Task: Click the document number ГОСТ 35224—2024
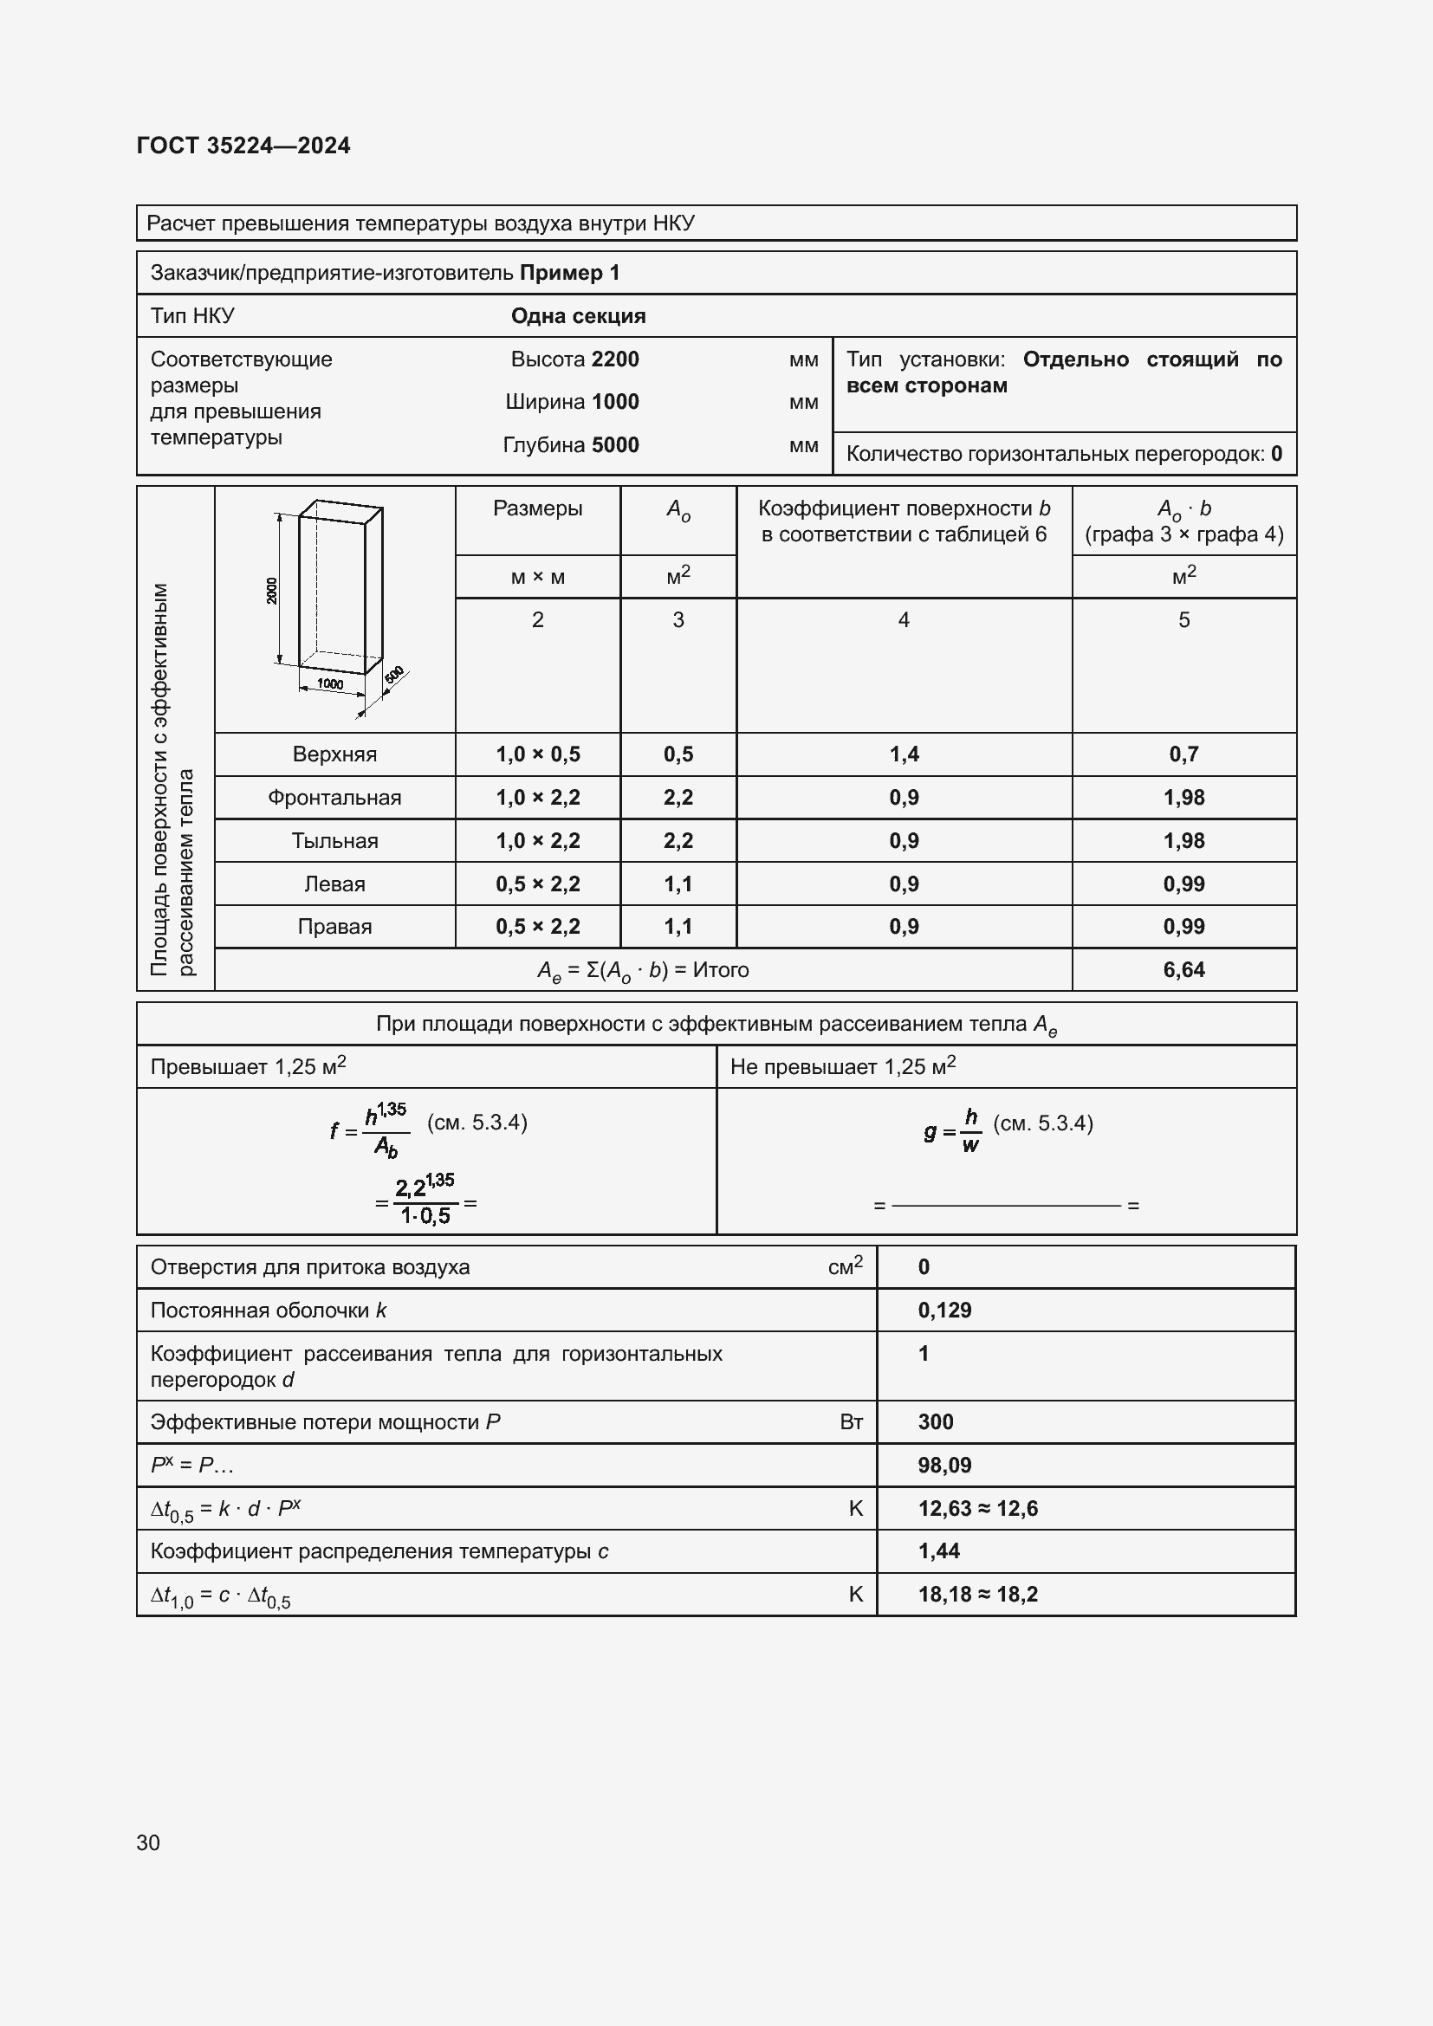243,146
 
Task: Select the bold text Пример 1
569,273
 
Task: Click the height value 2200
615,359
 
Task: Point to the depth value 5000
615,444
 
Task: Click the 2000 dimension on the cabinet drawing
272,591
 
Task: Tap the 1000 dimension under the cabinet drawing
330,684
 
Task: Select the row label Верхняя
334,754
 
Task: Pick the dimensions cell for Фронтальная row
537,798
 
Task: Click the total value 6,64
1183,970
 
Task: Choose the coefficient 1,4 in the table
904,754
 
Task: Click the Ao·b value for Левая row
1183,884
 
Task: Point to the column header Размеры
537,508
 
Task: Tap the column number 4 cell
904,620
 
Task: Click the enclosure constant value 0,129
944,1311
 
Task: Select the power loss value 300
936,1421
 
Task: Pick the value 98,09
944,1465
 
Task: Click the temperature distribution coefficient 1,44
939,1550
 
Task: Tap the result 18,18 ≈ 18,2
977,1594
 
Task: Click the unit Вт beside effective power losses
851,1421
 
